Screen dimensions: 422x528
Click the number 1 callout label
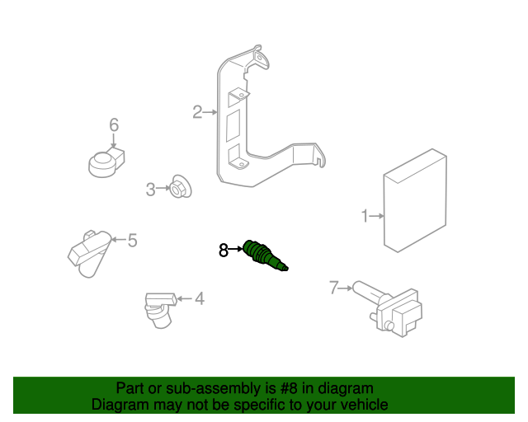(364, 217)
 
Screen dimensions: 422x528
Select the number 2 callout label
(197, 112)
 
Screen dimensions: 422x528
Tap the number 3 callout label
(150, 190)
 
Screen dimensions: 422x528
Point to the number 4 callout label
(199, 298)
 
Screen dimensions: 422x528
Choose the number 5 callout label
(132, 241)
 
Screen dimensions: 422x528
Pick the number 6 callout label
(114, 125)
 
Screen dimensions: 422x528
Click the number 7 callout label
(333, 288)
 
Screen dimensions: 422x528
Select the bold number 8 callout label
(223, 250)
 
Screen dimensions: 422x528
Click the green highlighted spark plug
(264, 256)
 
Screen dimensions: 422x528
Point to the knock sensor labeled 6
(107, 162)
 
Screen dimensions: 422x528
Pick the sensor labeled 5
(87, 251)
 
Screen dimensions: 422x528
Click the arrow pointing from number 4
(183, 298)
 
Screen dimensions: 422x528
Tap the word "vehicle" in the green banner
(363, 405)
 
